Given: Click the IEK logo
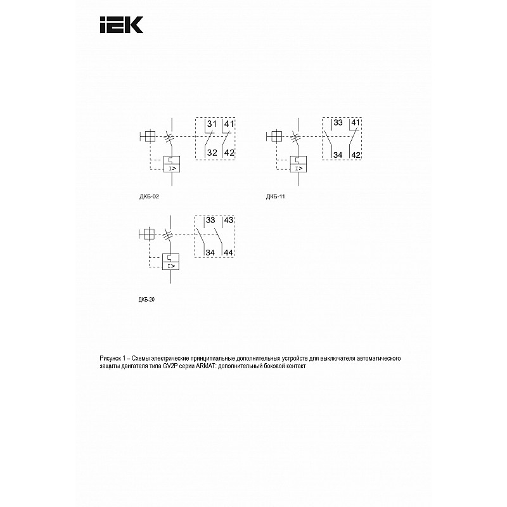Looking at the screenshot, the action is pyautogui.click(x=121, y=25).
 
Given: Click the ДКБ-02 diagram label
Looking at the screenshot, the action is pyautogui.click(x=149, y=196).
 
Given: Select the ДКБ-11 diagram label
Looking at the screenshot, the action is pyautogui.click(x=276, y=196).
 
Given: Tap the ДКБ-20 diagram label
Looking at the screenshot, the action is pyautogui.click(x=146, y=299).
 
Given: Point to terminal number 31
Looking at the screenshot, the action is pyautogui.click(x=212, y=124).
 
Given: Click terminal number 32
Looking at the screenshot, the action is pyautogui.click(x=212, y=153).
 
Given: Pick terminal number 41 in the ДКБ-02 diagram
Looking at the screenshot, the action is pyautogui.click(x=229, y=124).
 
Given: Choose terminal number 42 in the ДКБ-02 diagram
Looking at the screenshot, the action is pyautogui.click(x=229, y=153).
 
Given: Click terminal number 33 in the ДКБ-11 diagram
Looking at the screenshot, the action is pyautogui.click(x=338, y=122).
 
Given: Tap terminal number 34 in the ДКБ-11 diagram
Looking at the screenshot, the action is pyautogui.click(x=338, y=155).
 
